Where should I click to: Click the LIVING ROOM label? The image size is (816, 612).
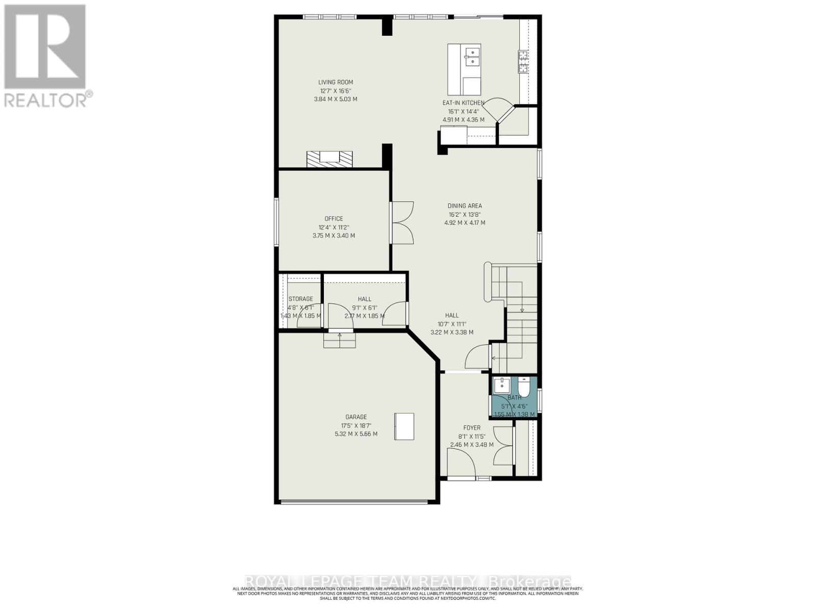pos(336,82)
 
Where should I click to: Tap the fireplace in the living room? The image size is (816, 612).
pos(329,159)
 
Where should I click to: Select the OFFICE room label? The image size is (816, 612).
pos(334,219)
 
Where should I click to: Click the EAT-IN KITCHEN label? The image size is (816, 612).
pos(463,103)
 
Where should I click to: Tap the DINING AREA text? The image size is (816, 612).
pos(465,206)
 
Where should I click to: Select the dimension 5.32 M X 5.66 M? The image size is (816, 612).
pos(356,435)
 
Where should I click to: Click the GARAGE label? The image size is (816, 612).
pos(356,417)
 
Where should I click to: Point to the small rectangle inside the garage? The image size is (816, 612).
pos(404,426)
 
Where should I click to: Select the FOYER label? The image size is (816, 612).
pos(472,428)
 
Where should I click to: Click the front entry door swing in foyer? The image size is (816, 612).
pos(462,462)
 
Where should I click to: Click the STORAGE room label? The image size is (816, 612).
pos(301,299)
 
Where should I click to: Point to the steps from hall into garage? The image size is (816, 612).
pos(340,340)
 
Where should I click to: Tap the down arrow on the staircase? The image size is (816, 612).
pos(522,310)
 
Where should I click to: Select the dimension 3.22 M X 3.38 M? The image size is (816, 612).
pos(452,333)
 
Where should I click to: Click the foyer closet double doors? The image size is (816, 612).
pos(504,445)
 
